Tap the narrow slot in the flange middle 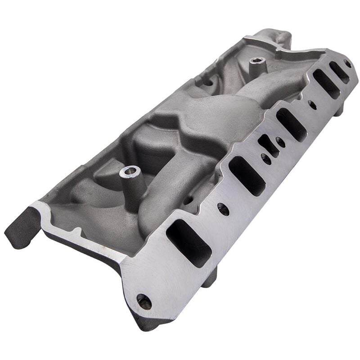click(268, 145)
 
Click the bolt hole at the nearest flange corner click(144, 302)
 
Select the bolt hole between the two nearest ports click(223, 208)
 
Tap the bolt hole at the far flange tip click(347, 63)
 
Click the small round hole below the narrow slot click(266, 159)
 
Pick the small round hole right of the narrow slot click(280, 141)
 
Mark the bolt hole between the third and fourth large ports click(312, 104)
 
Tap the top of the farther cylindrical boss click(256, 61)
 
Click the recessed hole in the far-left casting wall click(208, 83)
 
